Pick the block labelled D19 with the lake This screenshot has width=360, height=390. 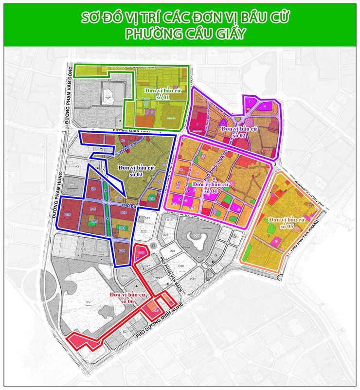pyautogui.click(x=198, y=236)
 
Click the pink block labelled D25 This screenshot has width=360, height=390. pyautogui.click(x=142, y=253)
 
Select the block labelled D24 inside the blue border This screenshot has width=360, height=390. pyautogui.click(x=122, y=250)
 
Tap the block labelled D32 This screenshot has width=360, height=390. pyautogui.click(x=193, y=279)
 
